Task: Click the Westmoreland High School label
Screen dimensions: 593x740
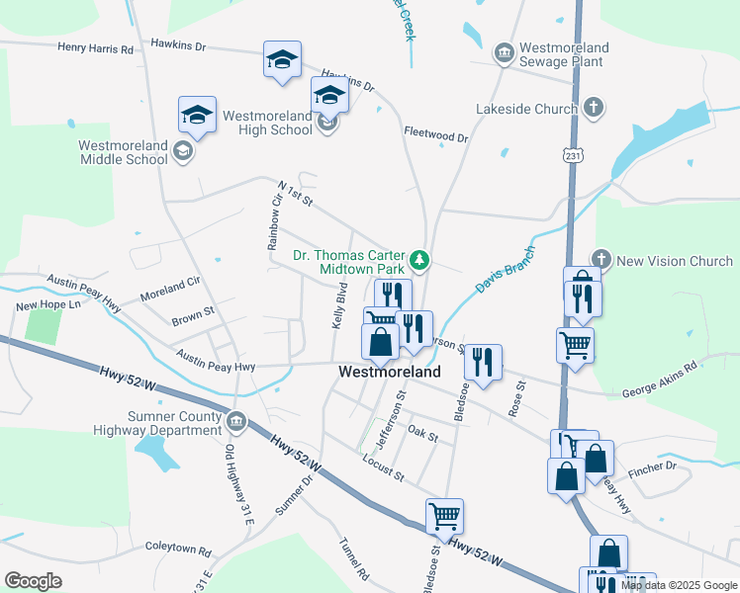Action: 267,123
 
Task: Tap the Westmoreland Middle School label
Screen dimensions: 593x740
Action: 123,152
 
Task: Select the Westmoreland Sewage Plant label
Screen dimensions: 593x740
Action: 564,55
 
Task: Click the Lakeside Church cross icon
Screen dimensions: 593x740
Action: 594,109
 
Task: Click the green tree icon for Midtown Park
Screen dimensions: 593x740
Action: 421,261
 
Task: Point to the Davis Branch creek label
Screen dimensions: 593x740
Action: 505,271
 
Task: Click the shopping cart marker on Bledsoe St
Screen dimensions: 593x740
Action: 444,516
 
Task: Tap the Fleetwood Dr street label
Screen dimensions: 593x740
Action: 435,133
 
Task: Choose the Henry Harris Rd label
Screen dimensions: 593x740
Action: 95,47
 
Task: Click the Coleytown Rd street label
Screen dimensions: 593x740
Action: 178,551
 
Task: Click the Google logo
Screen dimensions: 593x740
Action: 33,580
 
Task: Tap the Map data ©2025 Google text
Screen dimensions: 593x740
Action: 678,585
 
